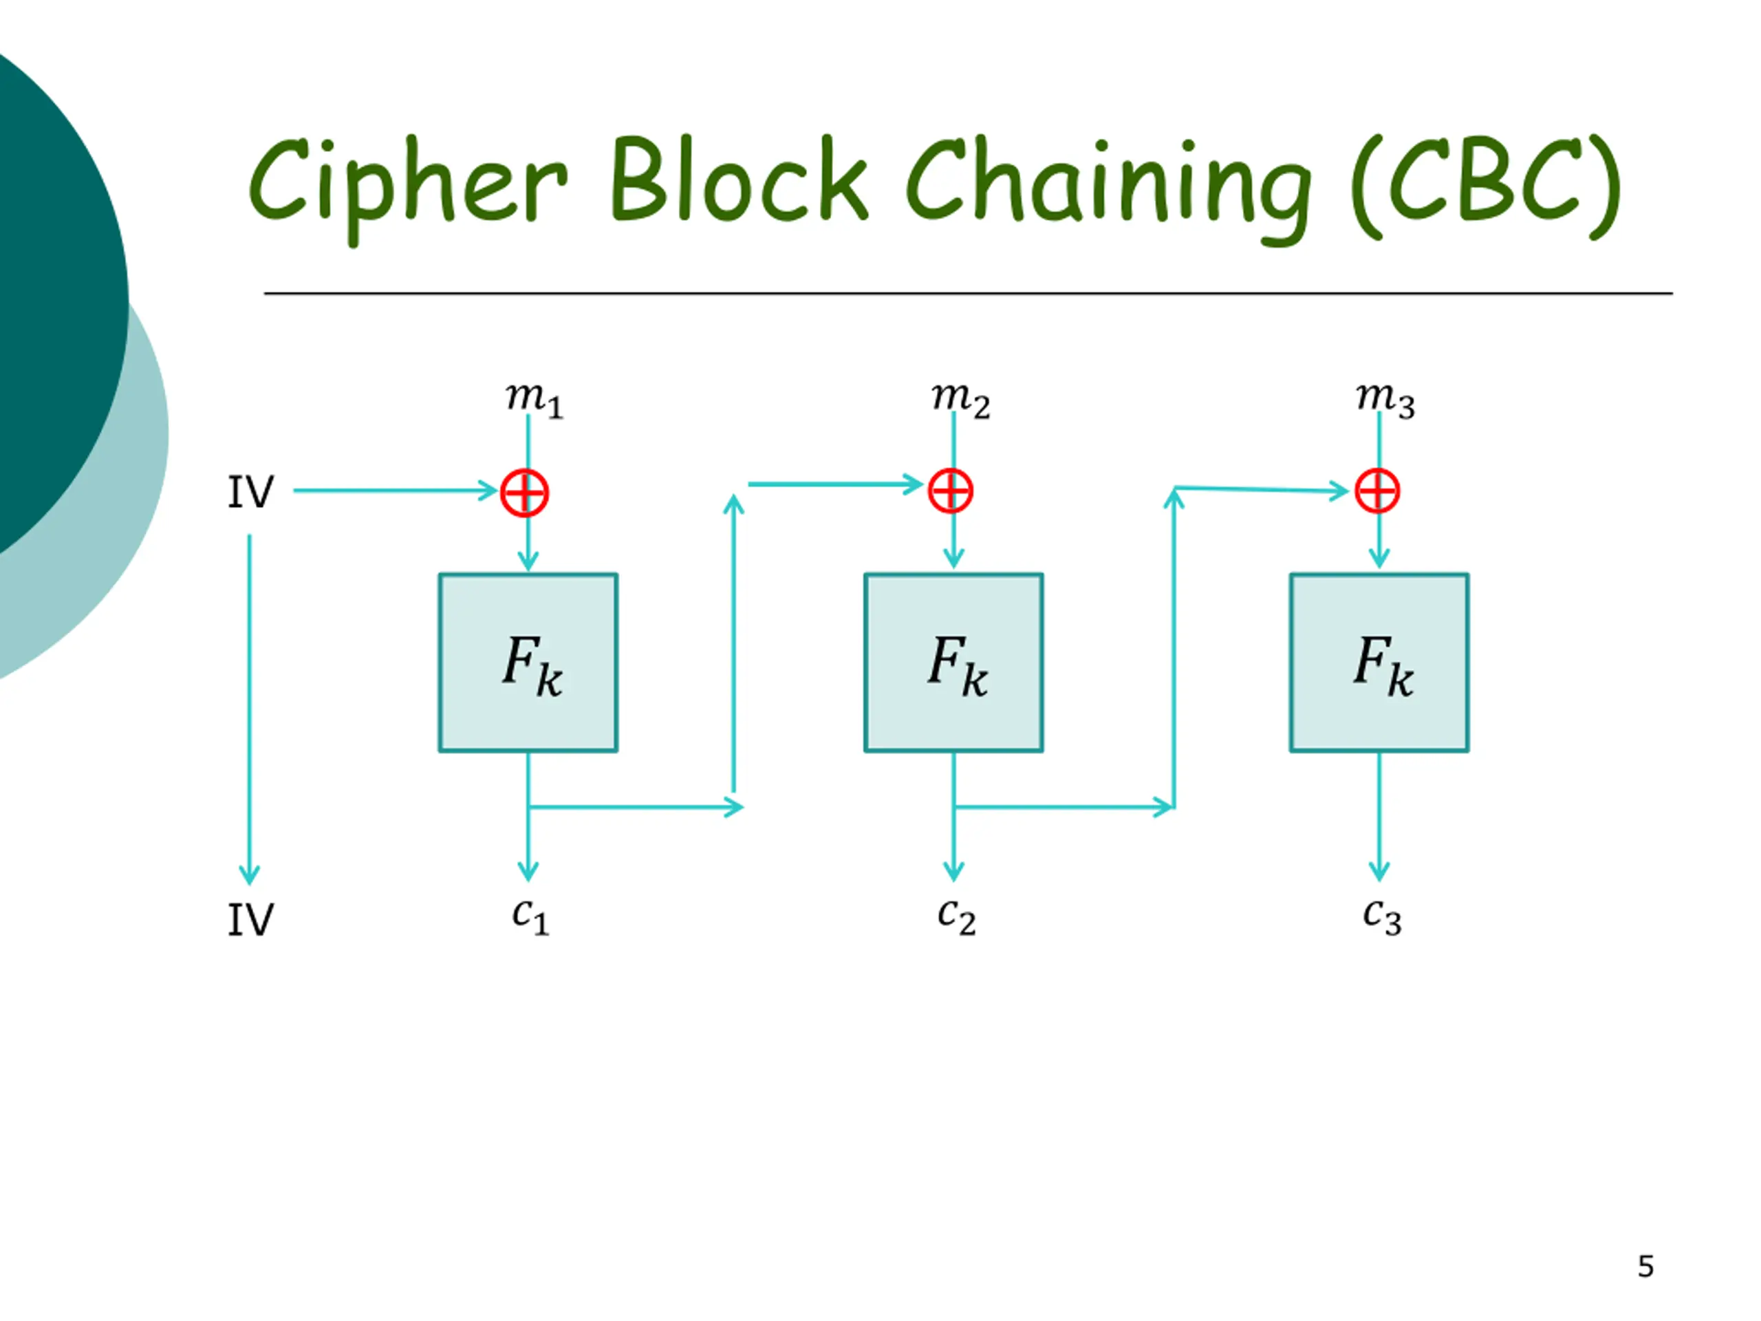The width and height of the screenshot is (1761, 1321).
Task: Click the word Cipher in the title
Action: coord(409,188)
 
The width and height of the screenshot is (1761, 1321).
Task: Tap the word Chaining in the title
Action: coord(1108,189)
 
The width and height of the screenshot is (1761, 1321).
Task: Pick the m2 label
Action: coord(961,400)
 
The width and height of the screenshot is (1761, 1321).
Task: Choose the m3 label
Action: coord(1386,400)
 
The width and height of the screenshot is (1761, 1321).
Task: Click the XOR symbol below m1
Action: coord(525,493)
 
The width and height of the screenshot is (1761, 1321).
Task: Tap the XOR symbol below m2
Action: coord(951,491)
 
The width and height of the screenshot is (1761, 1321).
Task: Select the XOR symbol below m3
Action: coord(1377,491)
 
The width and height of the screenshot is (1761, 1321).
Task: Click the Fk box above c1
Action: coord(528,663)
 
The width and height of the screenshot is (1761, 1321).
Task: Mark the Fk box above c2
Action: coord(953,663)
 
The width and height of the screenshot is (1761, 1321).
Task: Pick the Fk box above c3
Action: coord(1380,663)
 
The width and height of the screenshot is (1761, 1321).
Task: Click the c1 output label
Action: coord(531,916)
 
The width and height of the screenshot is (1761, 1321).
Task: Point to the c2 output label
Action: coord(956,916)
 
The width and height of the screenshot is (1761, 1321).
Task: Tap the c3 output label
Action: coord(1382,916)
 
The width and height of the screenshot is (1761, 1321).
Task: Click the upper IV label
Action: coord(251,492)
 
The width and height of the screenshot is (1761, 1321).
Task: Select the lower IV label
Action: coord(251,920)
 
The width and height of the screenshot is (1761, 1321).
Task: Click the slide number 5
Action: coord(1646,1267)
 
